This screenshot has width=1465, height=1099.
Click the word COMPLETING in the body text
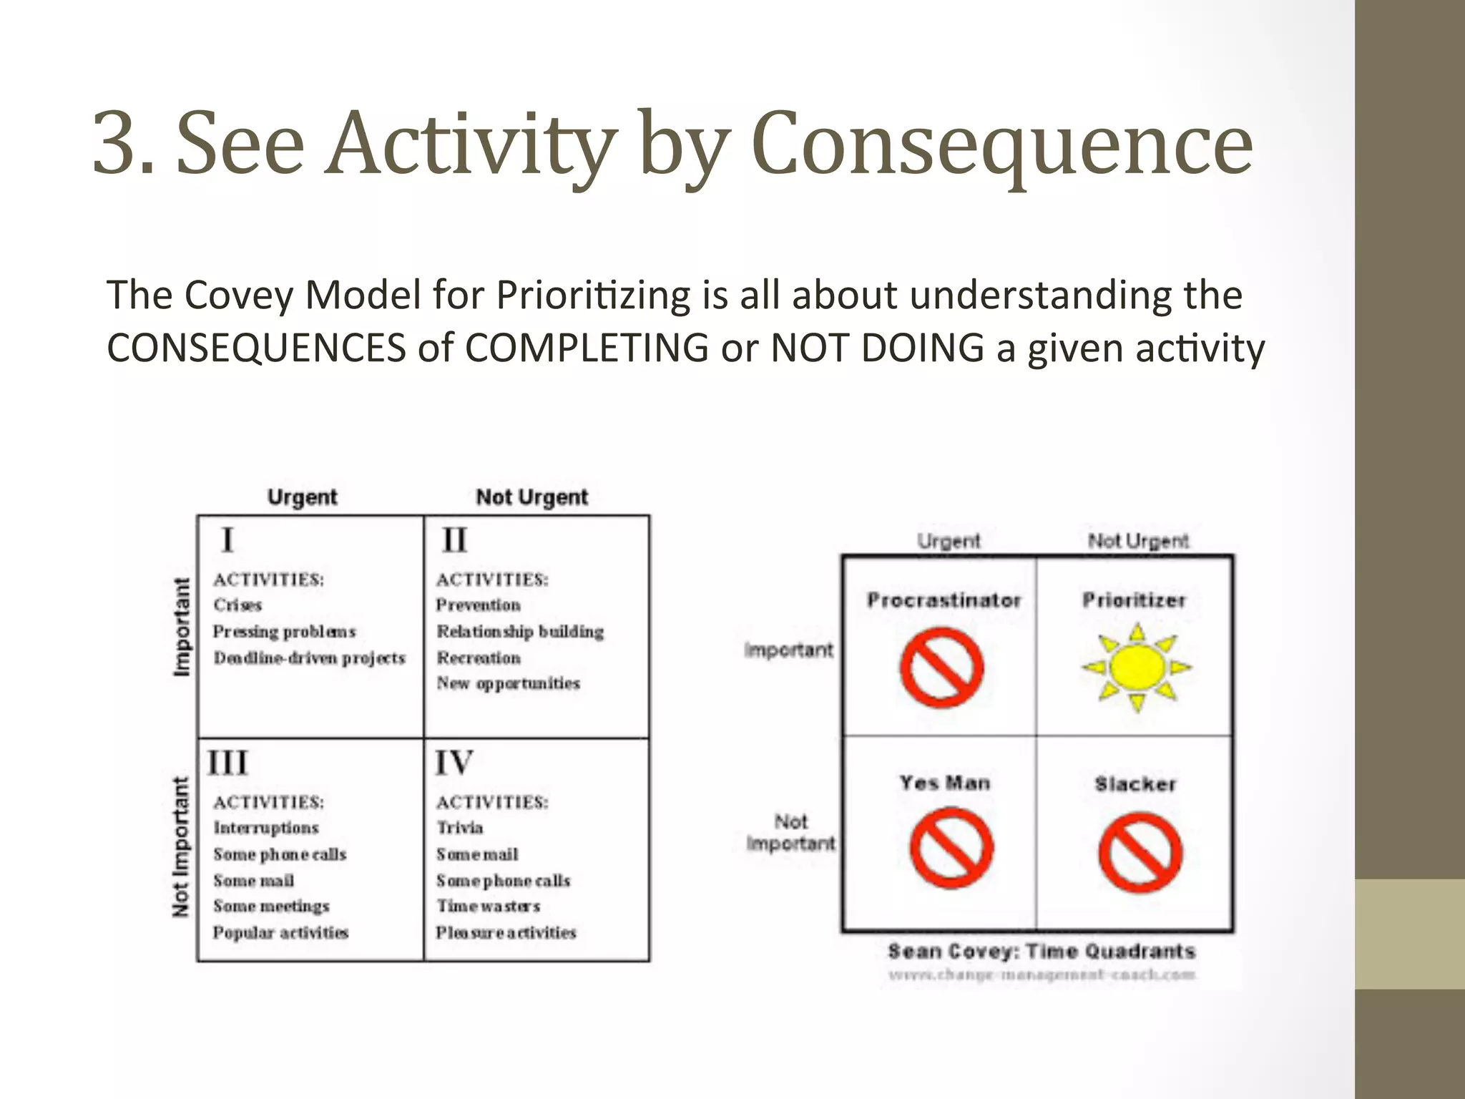click(x=586, y=349)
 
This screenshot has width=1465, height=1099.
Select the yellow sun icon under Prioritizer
click(x=1136, y=667)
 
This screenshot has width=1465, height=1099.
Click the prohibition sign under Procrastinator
click(x=941, y=667)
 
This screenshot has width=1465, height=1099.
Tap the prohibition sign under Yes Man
click(x=951, y=849)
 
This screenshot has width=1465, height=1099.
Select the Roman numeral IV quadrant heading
click(x=454, y=763)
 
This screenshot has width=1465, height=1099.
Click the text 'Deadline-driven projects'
click(x=309, y=658)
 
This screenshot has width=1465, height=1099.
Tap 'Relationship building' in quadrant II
click(x=520, y=632)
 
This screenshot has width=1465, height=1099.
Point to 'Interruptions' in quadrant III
click(x=266, y=828)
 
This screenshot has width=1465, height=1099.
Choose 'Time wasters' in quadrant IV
click(x=489, y=907)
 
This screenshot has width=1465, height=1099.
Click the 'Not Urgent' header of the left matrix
click(x=531, y=497)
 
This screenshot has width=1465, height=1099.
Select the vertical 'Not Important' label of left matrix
click(x=182, y=846)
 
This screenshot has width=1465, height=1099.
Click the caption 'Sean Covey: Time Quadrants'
click(x=1042, y=952)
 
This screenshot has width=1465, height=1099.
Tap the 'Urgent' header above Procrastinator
click(x=949, y=541)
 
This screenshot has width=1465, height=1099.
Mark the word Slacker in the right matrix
click(x=1135, y=784)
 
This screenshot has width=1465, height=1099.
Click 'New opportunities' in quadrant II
click(x=508, y=684)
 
